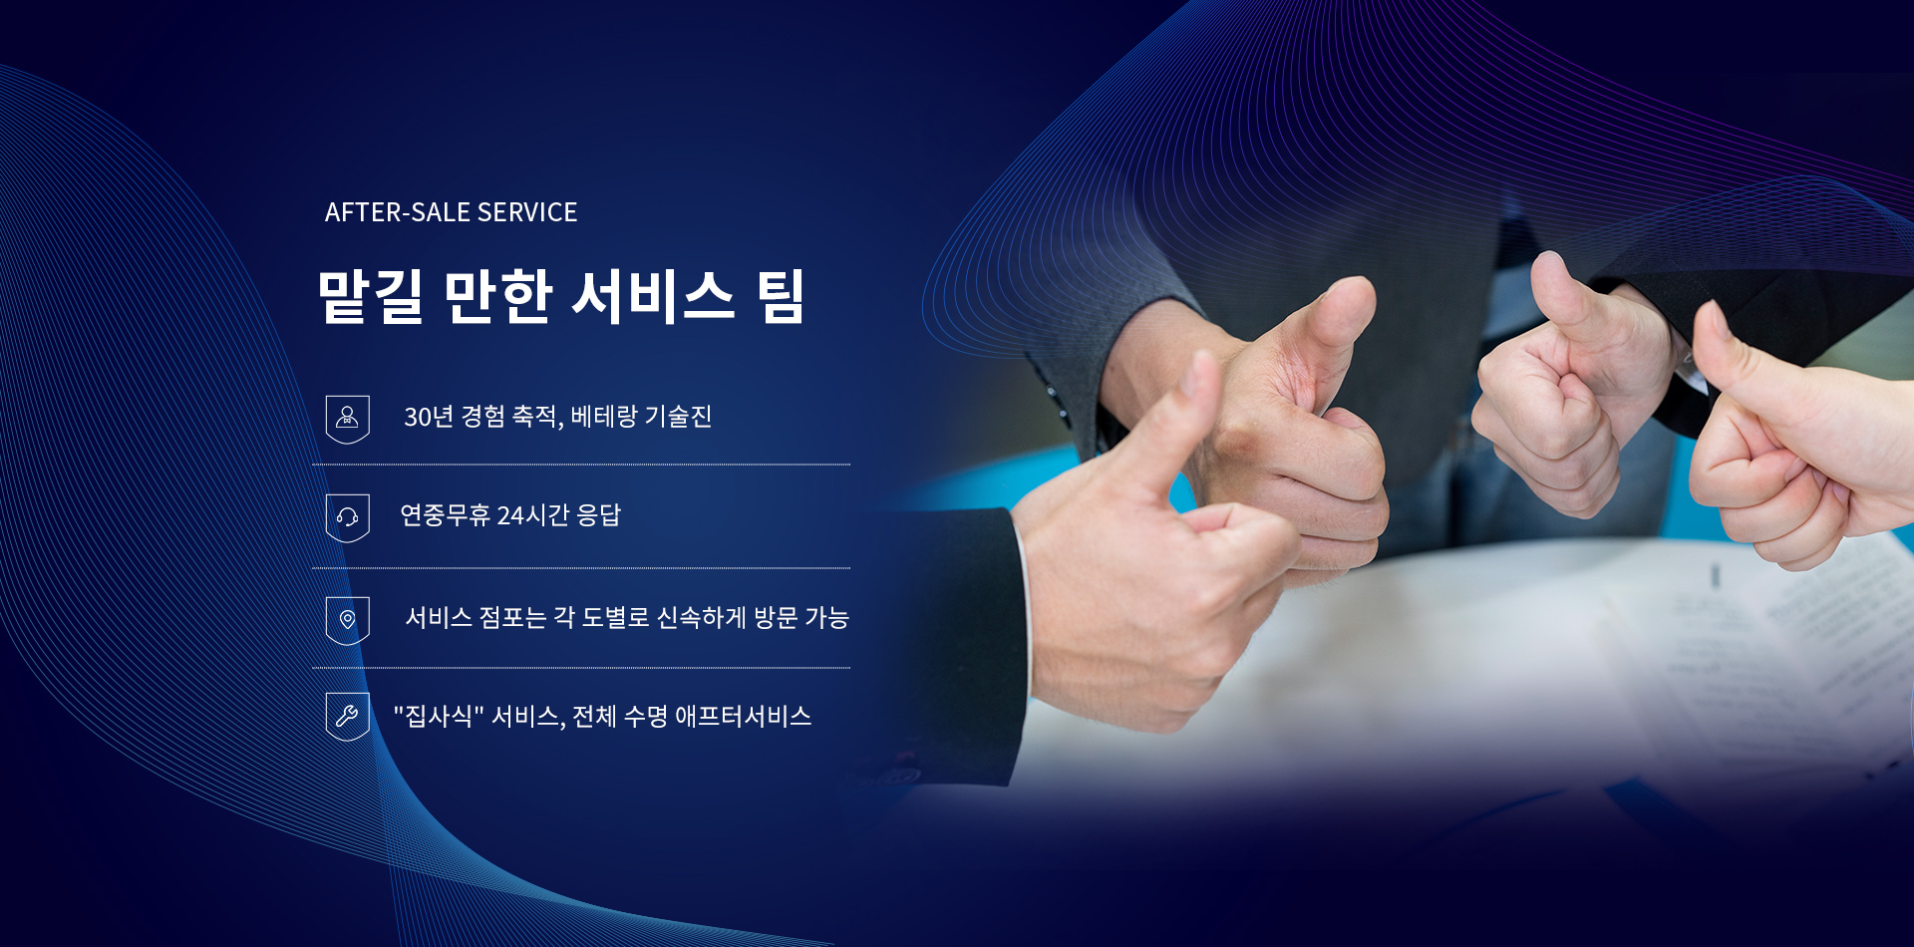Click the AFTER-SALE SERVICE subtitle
[x=451, y=212]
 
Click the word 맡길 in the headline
[x=370, y=296]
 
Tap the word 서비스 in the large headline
[x=654, y=296]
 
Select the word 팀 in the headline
[x=781, y=296]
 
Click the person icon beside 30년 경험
[x=347, y=419]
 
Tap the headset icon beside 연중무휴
[x=347, y=517]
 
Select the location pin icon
[x=347, y=620]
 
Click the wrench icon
[x=347, y=717]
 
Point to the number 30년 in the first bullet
[x=429, y=417]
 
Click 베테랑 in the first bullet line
[x=604, y=417]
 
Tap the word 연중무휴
[x=445, y=515]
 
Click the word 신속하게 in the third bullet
[x=702, y=618]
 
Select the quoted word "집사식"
[x=439, y=717]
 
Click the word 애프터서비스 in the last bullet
[x=744, y=717]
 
